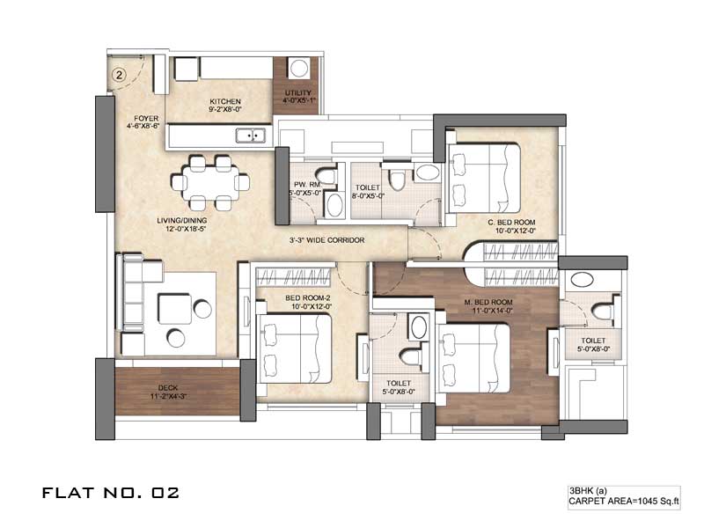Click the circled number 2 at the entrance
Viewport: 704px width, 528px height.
click(x=119, y=75)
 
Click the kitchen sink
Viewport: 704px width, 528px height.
click(x=251, y=136)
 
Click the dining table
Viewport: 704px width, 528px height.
click(x=210, y=183)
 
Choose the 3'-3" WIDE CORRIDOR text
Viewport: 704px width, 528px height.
click(x=326, y=240)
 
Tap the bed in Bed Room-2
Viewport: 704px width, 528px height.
click(x=294, y=348)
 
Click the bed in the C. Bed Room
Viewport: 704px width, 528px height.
click(x=484, y=179)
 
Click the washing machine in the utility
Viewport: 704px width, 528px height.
click(x=298, y=69)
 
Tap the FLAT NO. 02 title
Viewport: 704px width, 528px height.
click(x=111, y=493)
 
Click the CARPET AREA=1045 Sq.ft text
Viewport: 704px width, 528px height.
click(x=624, y=502)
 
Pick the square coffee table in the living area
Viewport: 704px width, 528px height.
click(x=174, y=309)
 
